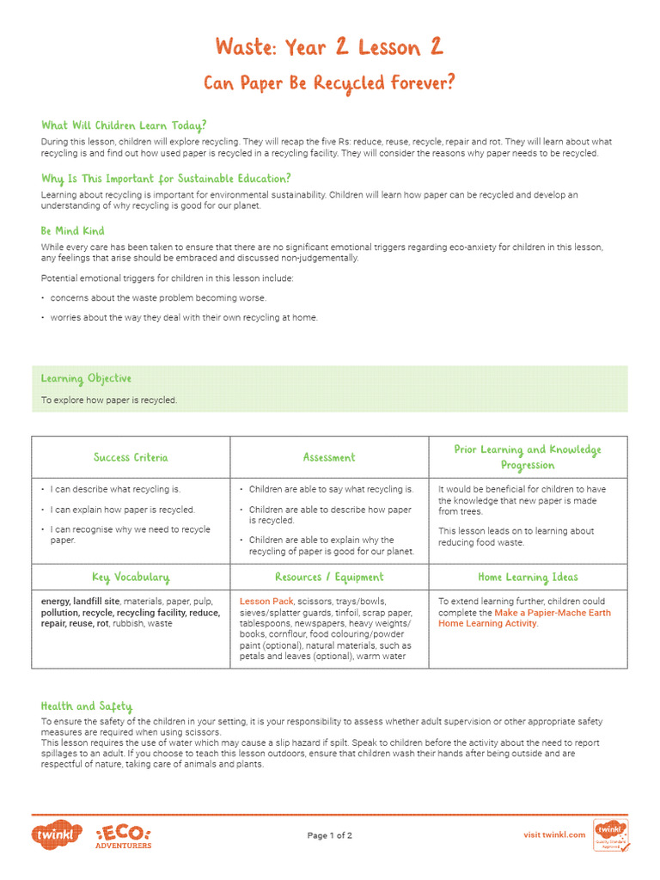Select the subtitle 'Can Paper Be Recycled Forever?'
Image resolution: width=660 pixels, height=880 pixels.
pos(329,83)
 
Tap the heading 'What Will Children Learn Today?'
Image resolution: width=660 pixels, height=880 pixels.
pos(124,125)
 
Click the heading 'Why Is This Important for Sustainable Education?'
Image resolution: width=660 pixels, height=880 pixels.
pos(166,179)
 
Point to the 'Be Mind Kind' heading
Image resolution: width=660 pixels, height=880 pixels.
pos(73,231)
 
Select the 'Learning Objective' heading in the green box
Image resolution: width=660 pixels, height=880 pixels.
pos(86,378)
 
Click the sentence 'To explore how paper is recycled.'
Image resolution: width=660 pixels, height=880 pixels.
pos(109,400)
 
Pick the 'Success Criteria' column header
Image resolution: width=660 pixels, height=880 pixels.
pos(131,457)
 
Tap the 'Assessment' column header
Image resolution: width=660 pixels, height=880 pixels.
pos(329,457)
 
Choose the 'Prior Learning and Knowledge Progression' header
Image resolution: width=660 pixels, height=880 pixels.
pos(528,457)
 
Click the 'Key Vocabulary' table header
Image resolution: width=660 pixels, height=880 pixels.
pos(131,577)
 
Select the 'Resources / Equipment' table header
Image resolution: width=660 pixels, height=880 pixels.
pos(329,577)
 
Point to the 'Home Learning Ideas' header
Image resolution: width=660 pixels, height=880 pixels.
pos(528,577)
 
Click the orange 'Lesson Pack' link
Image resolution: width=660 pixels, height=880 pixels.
pos(266,602)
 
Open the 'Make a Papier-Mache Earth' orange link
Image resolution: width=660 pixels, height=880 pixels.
pos(553,613)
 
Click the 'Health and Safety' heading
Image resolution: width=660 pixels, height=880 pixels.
pos(87,706)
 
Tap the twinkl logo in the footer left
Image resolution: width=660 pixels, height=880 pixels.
pos(58,834)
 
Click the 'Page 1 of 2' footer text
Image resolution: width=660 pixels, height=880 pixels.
pos(329,835)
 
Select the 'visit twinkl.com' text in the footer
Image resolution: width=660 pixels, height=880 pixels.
pos(554,834)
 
